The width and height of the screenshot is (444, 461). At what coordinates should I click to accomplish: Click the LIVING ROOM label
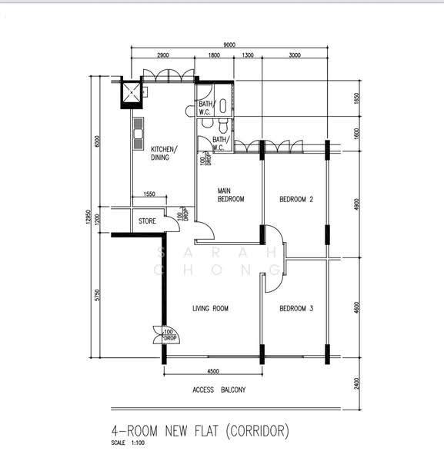point(210,308)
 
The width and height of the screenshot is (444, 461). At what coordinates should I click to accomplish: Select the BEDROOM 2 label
point(296,199)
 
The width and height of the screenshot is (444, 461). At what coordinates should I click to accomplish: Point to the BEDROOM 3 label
point(296,308)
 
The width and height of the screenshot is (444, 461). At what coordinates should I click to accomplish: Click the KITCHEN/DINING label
point(164,153)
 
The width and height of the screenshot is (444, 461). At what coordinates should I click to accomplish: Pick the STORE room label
point(147,221)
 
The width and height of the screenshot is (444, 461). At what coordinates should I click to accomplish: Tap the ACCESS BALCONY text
point(219,390)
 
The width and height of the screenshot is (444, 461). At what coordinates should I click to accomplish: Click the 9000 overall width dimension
point(229,45)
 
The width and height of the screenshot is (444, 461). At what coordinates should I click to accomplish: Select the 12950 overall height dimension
point(88,217)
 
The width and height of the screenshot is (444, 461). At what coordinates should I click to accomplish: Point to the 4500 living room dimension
point(213,371)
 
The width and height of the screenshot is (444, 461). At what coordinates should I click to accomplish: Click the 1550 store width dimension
point(149,194)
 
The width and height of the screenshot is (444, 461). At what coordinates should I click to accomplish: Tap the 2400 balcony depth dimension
point(356,383)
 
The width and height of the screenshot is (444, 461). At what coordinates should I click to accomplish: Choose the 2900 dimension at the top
point(163,55)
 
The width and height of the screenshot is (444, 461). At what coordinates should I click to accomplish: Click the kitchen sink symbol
point(138,134)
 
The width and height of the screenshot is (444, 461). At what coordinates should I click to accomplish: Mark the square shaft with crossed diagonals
point(132,93)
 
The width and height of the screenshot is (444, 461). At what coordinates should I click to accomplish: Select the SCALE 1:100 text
point(128,443)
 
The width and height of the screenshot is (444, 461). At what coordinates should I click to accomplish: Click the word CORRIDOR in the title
point(258,431)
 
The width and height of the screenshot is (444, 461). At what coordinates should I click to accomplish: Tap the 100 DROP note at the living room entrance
point(170,335)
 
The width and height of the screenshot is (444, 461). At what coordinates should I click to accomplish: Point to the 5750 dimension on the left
point(98,295)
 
